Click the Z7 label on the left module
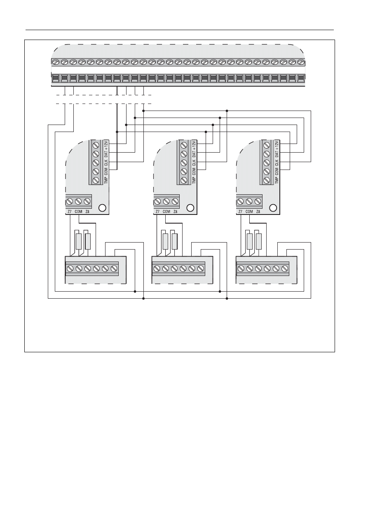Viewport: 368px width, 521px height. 69,212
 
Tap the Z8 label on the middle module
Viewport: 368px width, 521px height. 175,212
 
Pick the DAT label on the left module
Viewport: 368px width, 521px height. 105,154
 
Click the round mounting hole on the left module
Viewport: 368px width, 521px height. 103,207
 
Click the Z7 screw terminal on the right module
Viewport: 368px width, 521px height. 240,202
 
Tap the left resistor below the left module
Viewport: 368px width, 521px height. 78,241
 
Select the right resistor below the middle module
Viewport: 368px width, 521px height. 174,241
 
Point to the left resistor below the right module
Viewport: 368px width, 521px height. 249,241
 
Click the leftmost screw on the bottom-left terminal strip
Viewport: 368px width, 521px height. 70,268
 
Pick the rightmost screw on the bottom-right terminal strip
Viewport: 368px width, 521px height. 284,268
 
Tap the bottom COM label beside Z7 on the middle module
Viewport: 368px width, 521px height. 166,212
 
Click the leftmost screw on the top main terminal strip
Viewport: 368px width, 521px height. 56,62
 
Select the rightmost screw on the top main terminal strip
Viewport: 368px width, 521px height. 301,62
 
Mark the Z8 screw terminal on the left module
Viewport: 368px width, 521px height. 87,202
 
